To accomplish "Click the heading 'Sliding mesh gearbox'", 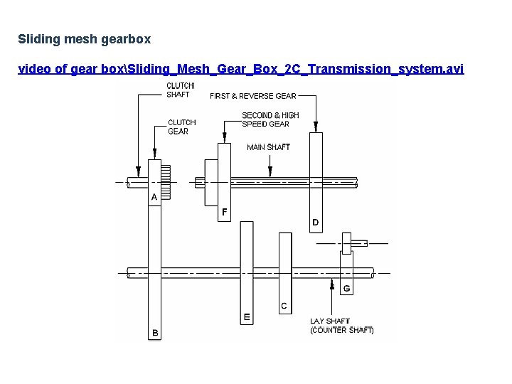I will pos(84,38).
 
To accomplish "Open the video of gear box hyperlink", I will pos(240,69).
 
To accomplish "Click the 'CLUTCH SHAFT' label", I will pos(178,90).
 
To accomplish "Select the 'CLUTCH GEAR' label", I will pos(182,127).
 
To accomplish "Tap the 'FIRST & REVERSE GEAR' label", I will pos(252,96).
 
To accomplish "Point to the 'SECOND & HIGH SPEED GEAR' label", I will pos(270,119).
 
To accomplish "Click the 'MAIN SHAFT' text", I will pos(268,147).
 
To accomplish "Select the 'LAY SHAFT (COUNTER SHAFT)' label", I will pos(341,326).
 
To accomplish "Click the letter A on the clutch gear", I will pos(154,196).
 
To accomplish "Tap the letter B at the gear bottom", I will pos(154,333).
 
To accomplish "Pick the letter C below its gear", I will pos(284,306).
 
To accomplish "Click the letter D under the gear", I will pos(315,223).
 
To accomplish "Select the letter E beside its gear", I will pos(247,316).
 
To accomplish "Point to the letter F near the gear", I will pos(225,212).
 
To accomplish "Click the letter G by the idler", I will pos(346,289).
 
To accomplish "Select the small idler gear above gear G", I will pos(347,242).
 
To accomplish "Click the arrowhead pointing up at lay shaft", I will pos(332,285).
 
